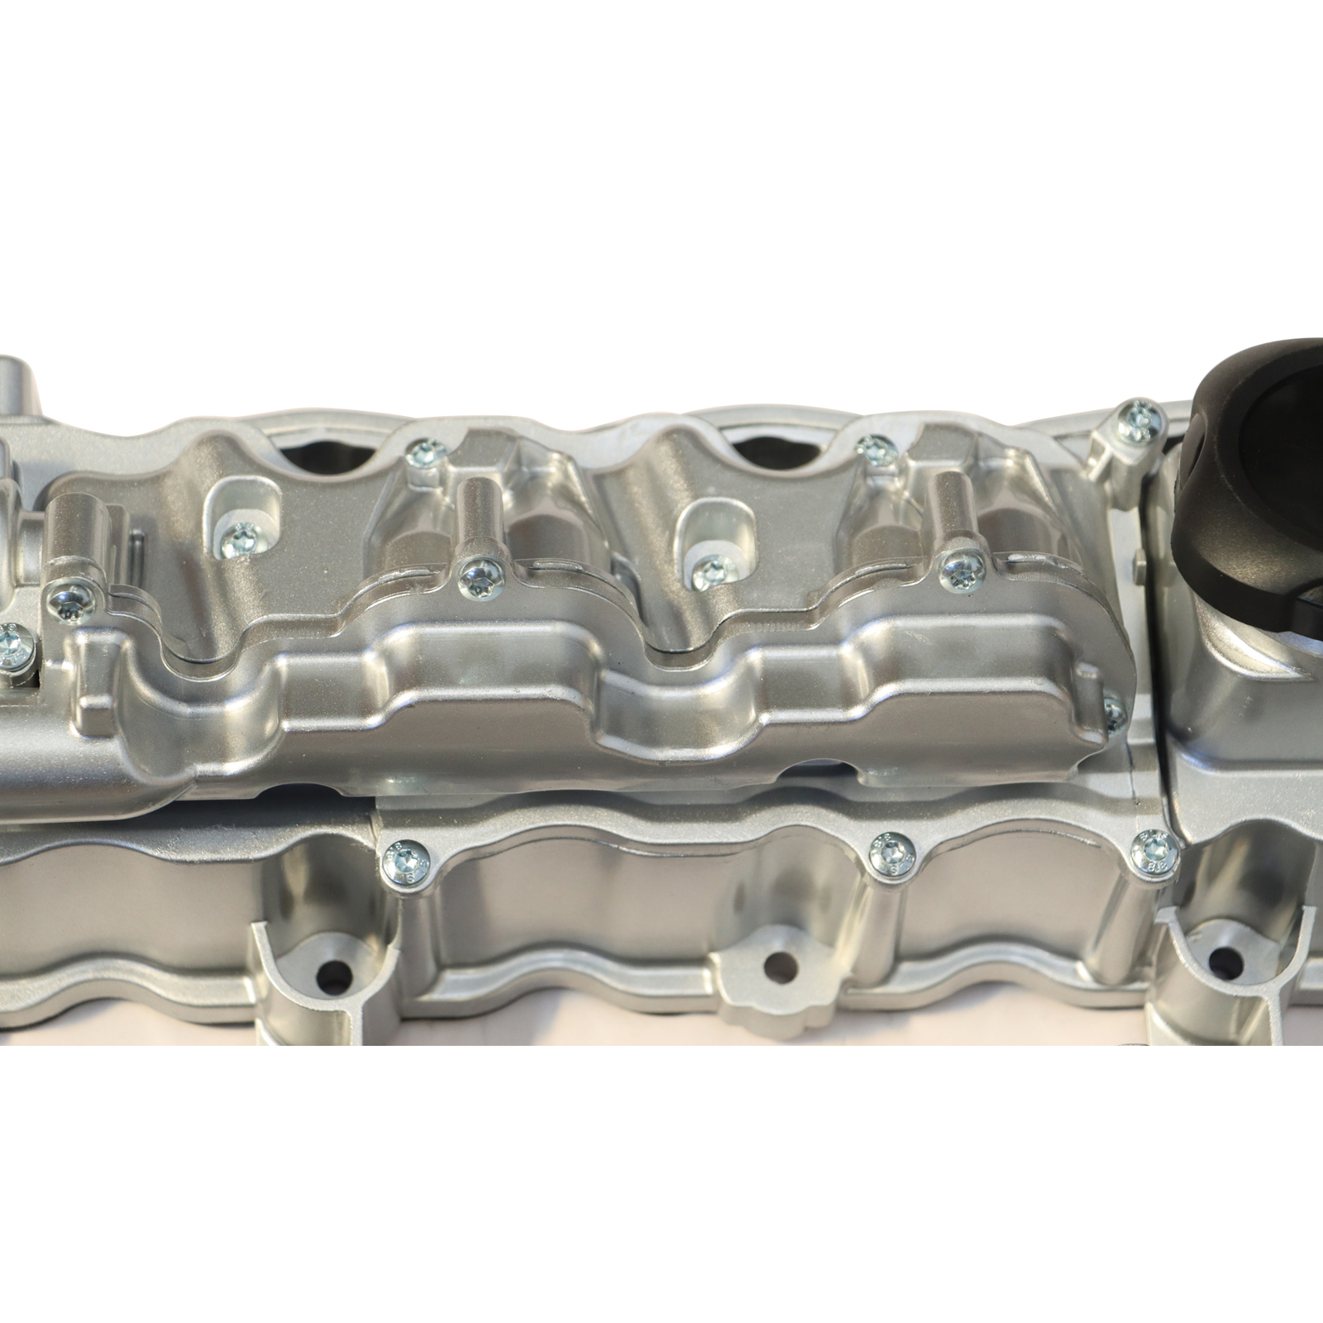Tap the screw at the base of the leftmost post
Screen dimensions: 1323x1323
[68, 599]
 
